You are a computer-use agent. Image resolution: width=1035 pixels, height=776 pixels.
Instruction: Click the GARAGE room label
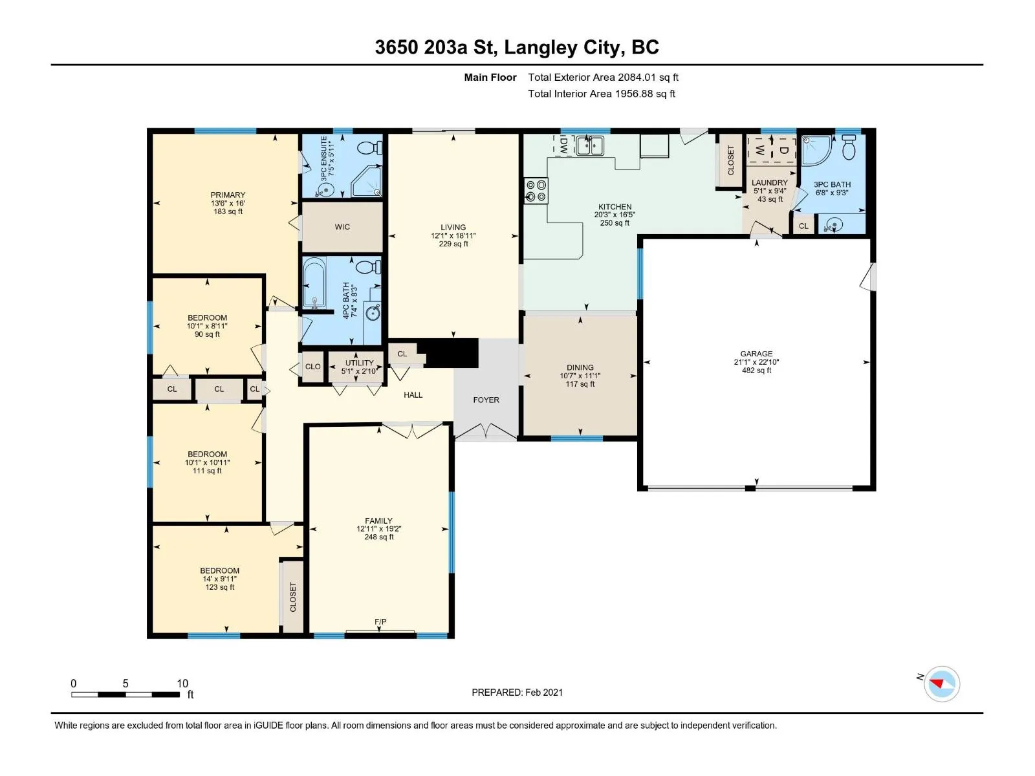[756, 353]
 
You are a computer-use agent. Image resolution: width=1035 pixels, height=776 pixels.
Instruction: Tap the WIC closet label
[342, 226]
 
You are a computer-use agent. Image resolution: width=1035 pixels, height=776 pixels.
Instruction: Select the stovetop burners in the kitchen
[536, 190]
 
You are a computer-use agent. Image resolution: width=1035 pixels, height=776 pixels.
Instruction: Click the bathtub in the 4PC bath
[314, 283]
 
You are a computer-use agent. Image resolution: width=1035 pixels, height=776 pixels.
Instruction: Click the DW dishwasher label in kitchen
[563, 145]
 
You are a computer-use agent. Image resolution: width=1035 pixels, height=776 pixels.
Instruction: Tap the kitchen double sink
[590, 145]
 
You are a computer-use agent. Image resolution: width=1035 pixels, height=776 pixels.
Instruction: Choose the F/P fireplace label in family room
[380, 621]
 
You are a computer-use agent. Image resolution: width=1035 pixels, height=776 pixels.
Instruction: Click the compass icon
[941, 684]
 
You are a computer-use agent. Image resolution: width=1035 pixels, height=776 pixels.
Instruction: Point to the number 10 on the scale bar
[182, 683]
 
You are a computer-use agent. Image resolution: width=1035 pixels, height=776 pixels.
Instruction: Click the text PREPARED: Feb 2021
[517, 692]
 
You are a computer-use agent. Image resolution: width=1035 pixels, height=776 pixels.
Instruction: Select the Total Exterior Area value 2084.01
[637, 77]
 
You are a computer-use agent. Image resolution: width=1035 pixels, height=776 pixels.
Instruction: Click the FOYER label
[486, 400]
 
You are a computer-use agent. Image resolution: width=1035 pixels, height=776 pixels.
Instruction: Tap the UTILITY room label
[359, 363]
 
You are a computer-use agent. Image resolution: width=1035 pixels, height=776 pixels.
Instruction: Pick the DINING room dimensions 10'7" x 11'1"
[580, 376]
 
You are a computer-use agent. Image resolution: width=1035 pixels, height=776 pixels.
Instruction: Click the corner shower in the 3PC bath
[815, 150]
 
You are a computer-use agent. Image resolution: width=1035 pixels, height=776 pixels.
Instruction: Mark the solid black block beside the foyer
[448, 352]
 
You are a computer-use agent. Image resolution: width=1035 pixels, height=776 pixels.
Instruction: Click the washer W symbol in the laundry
[759, 150]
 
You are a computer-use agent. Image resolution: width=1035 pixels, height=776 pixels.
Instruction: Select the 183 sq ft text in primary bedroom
[228, 211]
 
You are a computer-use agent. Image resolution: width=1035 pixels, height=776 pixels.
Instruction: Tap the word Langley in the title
[540, 48]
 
